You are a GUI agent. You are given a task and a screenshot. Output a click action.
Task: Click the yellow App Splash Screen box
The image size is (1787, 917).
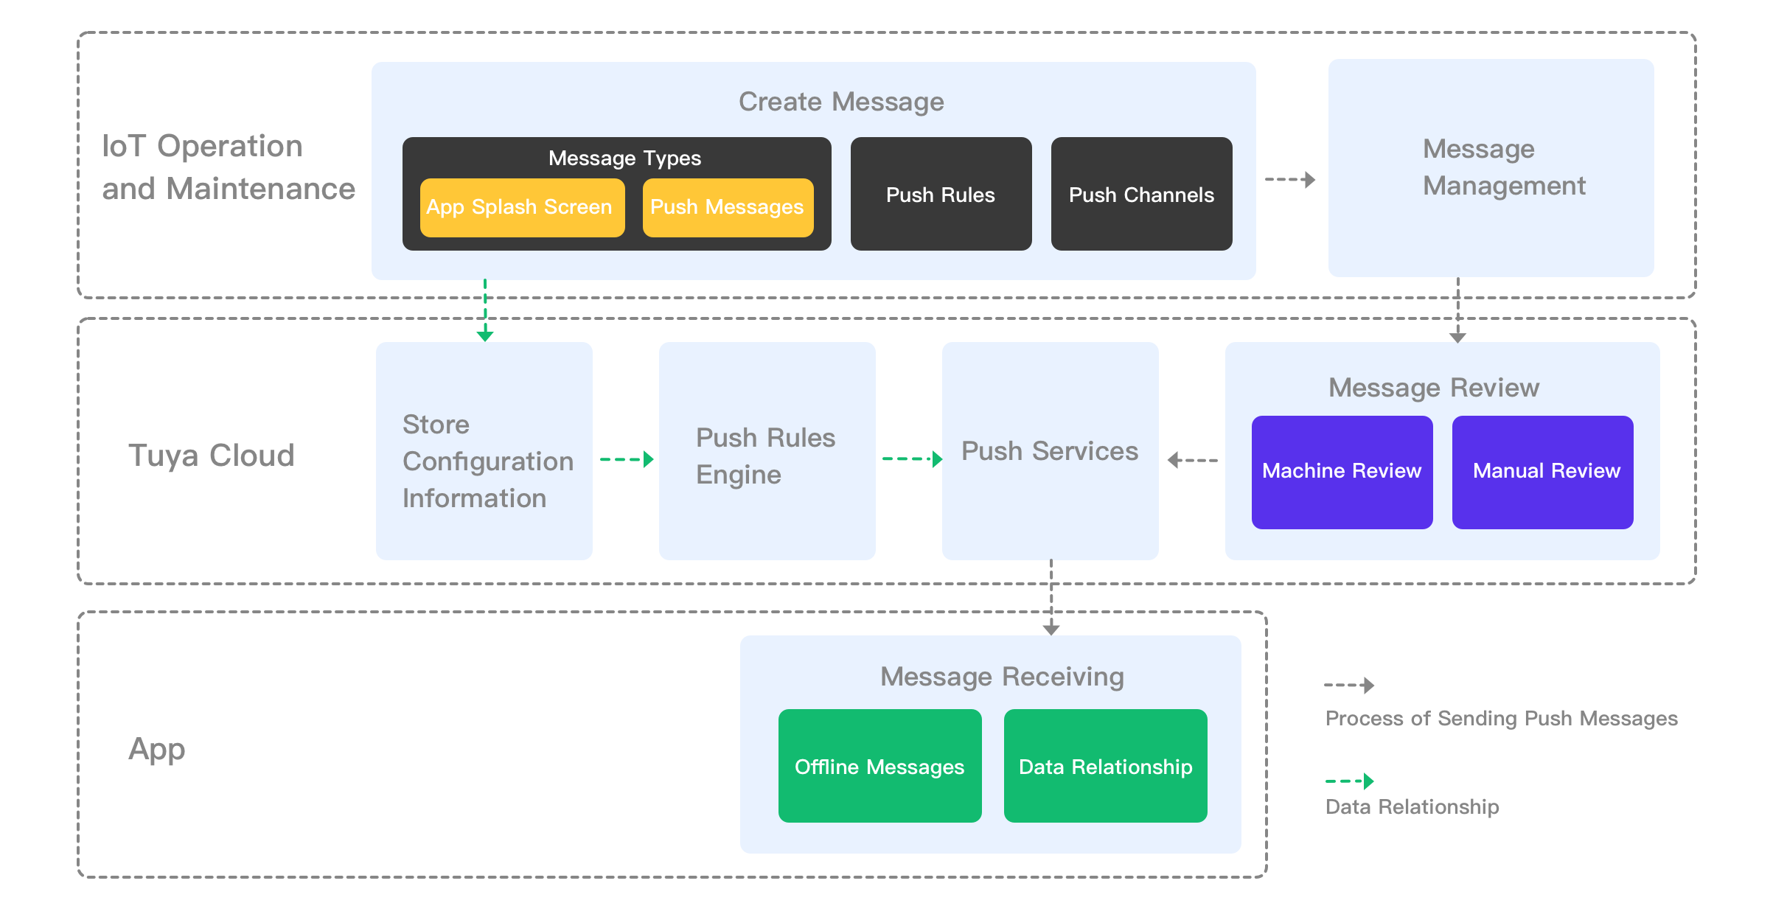pos(522,207)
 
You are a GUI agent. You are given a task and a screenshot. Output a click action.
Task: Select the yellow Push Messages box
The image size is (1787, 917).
pos(728,207)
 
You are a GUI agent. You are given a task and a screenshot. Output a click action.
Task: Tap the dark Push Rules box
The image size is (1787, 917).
pos(941,194)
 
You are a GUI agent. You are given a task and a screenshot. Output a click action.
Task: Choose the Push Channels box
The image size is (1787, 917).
pos(1141,194)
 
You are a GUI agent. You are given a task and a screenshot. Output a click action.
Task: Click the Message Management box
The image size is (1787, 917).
pos(1491,168)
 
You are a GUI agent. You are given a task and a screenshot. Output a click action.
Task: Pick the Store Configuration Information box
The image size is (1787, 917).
pos(484,451)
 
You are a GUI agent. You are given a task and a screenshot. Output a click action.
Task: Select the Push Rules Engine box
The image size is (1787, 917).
pos(767,451)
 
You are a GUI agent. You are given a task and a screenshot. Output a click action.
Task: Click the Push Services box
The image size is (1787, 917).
pos(1050,451)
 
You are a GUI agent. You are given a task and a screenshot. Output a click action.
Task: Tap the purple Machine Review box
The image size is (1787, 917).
pos(1342,472)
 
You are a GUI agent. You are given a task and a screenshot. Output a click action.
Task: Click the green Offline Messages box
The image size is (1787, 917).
pos(879,766)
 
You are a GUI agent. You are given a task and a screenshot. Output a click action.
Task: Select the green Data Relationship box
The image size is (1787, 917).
pos(1105,766)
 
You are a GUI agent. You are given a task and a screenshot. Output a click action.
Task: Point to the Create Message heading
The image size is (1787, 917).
pos(841,102)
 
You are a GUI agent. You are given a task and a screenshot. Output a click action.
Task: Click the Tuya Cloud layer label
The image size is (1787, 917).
pos(211,455)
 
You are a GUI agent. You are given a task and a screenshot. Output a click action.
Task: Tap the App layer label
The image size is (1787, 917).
pos(156,749)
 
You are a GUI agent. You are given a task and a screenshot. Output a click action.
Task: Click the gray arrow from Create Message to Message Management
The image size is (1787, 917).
pos(1290,179)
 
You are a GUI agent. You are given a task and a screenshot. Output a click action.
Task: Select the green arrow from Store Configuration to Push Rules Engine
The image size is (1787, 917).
pos(627,459)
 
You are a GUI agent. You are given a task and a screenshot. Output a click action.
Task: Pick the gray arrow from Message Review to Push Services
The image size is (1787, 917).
pos(1192,460)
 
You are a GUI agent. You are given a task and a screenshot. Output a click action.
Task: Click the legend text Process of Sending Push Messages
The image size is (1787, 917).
pos(1501,718)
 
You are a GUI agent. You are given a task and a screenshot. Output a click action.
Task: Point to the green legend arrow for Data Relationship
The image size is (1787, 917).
pos(1349,781)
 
